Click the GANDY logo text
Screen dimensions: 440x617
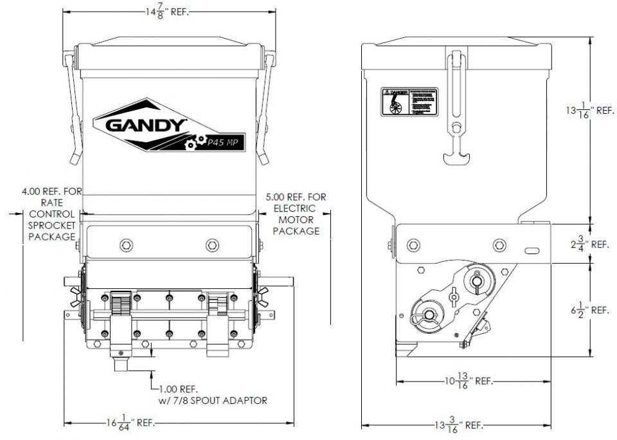click(x=145, y=124)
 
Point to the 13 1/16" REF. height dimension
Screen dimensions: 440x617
click(x=586, y=110)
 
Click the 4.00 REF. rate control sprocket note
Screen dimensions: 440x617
click(x=48, y=214)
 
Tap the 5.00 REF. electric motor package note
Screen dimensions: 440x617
click(x=296, y=213)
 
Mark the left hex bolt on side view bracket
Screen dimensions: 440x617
click(x=414, y=244)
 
